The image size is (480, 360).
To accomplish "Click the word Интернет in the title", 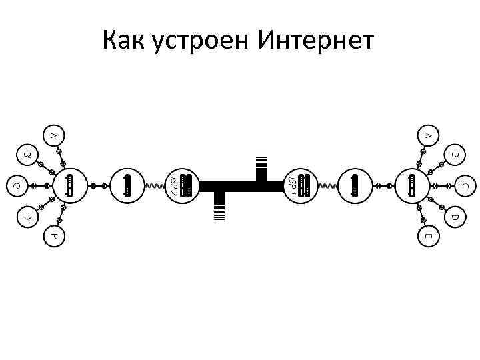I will point(316,41).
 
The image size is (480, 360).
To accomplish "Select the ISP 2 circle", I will point(181,185).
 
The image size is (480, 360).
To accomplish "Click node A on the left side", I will point(54,135).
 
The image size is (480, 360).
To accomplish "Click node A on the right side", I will point(428,135).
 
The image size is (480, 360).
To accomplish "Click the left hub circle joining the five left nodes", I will point(70,185).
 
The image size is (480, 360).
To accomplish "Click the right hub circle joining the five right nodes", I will point(412,185).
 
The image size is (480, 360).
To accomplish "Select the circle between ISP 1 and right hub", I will point(355,185).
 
